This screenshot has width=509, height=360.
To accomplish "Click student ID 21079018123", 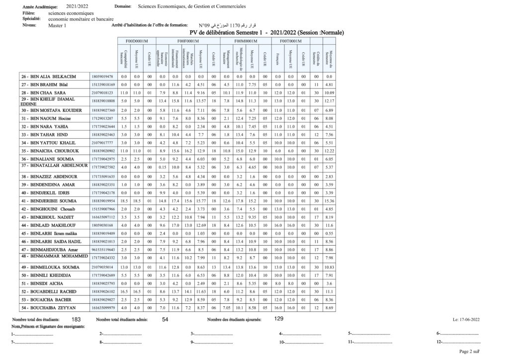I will pyautogui.click(x=103, y=92).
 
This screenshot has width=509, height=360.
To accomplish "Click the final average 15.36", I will pyautogui.click(x=329, y=200).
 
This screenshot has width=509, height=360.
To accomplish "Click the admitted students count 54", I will pyautogui.click(x=165, y=320).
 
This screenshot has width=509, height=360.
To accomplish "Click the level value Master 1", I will pyautogui.click(x=57, y=25).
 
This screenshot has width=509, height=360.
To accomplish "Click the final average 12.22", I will pyautogui.click(x=329, y=150).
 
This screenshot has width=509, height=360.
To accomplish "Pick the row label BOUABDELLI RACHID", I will pyautogui.click(x=49, y=291).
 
